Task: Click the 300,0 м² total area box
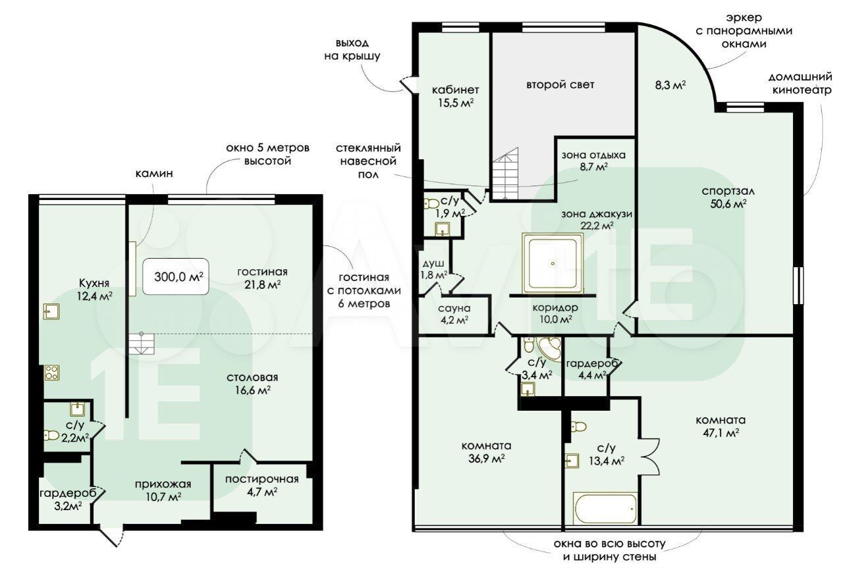pos(175,276)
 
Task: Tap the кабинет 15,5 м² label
pos(455,96)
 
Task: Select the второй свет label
pos(560,85)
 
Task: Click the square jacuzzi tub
pos(552,263)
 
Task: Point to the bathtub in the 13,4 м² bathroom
pos(605,507)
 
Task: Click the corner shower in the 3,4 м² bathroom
pos(549,349)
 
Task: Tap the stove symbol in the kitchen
pos(51,373)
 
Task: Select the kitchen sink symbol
pos(51,311)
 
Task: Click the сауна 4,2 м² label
pos(454,314)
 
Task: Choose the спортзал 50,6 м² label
pos(728,197)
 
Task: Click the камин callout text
pos(154,173)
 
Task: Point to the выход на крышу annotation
pos(352,49)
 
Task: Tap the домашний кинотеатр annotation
pos(800,84)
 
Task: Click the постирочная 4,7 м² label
pos(262,485)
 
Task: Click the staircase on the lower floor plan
pos(142,343)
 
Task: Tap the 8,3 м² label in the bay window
pos(670,85)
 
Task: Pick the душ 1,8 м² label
pos(433,269)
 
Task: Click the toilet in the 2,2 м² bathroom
pos(51,435)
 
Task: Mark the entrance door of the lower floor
pos(112,535)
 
